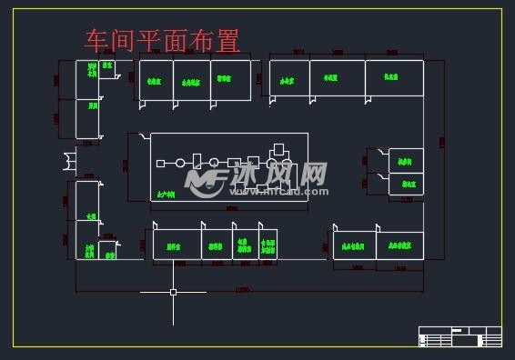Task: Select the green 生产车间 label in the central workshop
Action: pyautogui.click(x=166, y=194)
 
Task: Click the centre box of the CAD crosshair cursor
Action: pyautogui.click(x=173, y=292)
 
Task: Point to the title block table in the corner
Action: pyautogui.click(x=459, y=335)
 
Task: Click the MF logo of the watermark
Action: pyautogui.click(x=207, y=178)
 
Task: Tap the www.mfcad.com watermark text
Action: pyautogui.click(x=279, y=193)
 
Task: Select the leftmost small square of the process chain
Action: pyautogui.click(x=160, y=164)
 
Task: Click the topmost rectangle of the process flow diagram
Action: pyautogui.click(x=279, y=147)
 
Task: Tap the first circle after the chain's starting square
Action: pyautogui.click(x=180, y=163)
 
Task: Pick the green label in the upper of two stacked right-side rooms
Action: pyautogui.click(x=406, y=161)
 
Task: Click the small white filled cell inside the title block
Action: pyautogui.click(x=456, y=329)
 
